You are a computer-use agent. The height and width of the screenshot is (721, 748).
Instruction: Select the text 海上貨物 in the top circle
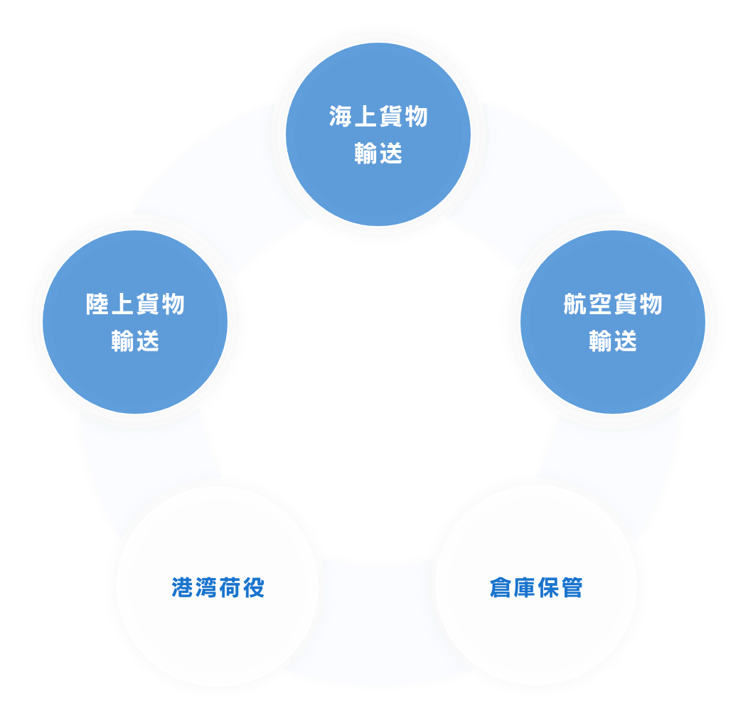pos(378,117)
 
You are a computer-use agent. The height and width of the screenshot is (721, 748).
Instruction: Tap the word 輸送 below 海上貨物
pos(378,154)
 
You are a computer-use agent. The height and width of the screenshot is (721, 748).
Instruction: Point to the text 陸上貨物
pos(135,304)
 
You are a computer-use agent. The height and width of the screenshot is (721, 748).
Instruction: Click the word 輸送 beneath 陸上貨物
pos(135,341)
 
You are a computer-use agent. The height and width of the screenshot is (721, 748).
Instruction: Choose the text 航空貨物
pos(613,304)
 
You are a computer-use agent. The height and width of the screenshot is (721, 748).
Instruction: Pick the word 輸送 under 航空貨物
pos(613,341)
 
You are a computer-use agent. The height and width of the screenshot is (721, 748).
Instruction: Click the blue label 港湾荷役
pos(218,587)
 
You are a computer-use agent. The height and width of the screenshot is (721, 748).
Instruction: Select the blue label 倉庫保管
pos(536,587)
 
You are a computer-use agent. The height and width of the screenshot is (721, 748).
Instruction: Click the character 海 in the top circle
pos(341,117)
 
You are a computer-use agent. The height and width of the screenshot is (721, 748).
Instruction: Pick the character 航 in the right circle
pos(575,304)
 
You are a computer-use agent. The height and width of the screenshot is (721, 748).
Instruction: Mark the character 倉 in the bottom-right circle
pos(501,587)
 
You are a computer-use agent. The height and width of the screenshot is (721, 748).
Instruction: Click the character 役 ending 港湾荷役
pos(253,587)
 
